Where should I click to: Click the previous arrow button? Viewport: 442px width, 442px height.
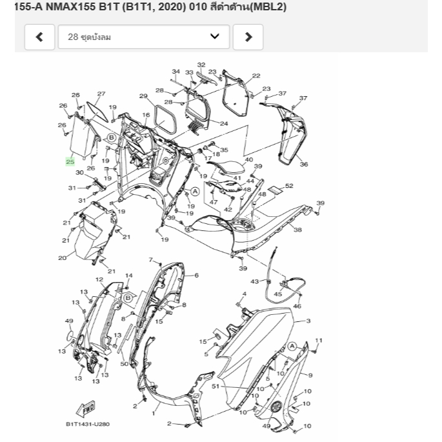39,37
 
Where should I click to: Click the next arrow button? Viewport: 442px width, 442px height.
248,37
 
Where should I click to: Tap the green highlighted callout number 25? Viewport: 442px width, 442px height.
70,162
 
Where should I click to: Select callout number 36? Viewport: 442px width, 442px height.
303,165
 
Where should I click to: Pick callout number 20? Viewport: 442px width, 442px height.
62,258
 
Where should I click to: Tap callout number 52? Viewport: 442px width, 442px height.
289,186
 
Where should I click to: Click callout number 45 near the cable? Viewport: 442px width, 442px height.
278,294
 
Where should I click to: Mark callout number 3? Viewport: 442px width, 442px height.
308,321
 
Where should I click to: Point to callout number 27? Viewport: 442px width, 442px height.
101,94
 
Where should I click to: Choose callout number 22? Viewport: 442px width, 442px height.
256,75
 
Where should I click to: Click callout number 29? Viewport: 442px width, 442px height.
143,96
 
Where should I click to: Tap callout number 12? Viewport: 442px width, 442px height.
99,279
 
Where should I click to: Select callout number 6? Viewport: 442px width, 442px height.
196,275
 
